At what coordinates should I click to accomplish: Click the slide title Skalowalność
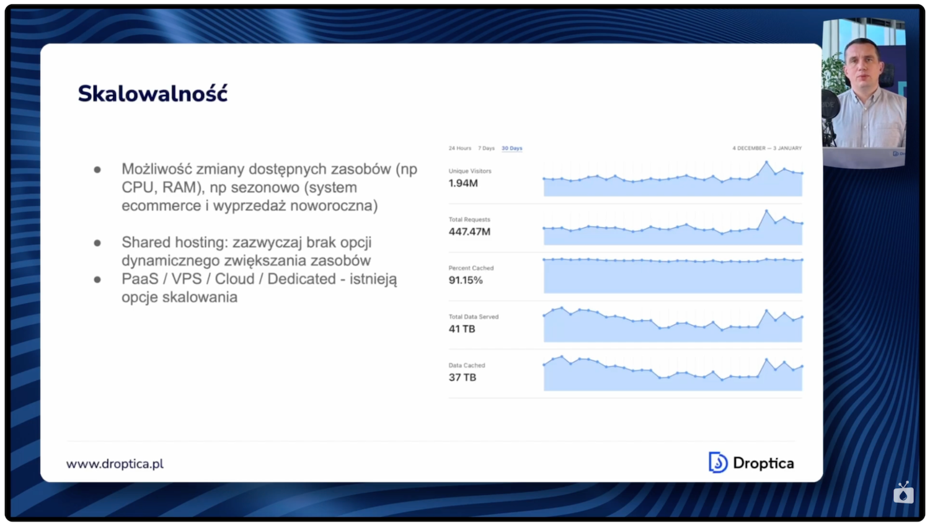[x=153, y=94]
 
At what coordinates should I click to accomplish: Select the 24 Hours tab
[x=459, y=148]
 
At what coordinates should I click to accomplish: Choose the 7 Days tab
[x=486, y=148]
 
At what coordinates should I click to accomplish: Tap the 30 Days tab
[x=512, y=148]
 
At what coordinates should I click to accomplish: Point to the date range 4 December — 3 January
[x=767, y=148]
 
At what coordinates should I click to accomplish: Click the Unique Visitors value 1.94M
[x=463, y=183]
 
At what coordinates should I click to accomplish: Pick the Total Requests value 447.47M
[x=469, y=231]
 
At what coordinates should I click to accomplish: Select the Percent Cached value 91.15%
[x=466, y=280]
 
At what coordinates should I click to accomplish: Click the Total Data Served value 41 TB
[x=462, y=329]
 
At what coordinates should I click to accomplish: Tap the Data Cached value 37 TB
[x=463, y=377]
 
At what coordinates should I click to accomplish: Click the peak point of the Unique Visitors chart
[x=767, y=162]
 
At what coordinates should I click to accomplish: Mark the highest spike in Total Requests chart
[x=767, y=211]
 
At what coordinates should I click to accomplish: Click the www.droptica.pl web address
[x=115, y=464]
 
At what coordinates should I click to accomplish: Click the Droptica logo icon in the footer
[x=718, y=463]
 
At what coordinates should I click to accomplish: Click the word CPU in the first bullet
[x=137, y=187]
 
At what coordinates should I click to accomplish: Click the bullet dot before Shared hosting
[x=97, y=243]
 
